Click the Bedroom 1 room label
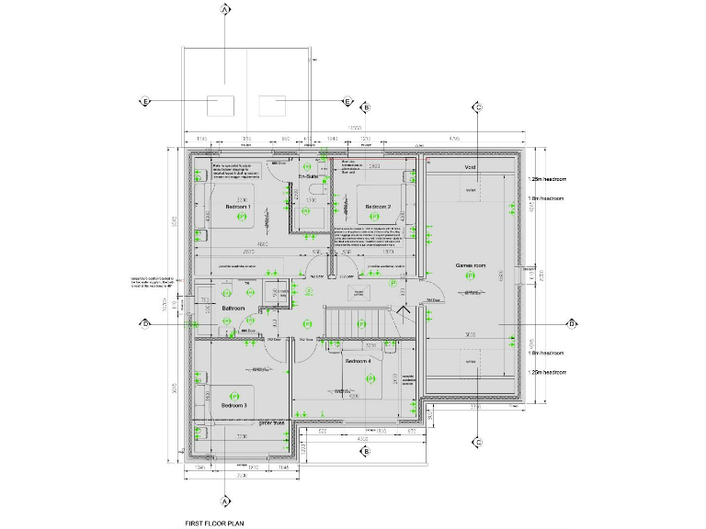[238, 207]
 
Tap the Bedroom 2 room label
[378, 207]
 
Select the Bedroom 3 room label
[233, 405]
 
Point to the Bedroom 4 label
[359, 362]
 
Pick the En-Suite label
[307, 175]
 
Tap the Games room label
[470, 264]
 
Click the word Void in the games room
[470, 168]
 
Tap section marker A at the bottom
[224, 501]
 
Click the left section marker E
[144, 101]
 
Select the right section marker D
[571, 323]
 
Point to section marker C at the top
[478, 107]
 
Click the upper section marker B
[366, 107]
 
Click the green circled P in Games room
[470, 275]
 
